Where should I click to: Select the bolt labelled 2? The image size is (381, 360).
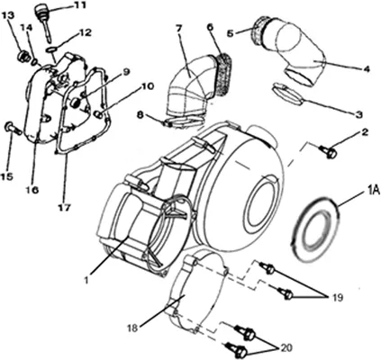tap(328, 151)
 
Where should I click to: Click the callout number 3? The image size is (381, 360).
tap(358, 114)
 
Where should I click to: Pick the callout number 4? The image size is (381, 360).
tap(367, 69)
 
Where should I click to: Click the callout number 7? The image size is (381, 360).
tap(179, 28)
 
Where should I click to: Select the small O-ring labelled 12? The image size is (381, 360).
tap(52, 49)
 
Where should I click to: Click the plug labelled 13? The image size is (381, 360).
tap(23, 56)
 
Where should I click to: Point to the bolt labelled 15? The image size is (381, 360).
tap(12, 128)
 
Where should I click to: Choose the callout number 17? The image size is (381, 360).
tap(64, 207)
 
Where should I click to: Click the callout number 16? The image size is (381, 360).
tap(33, 190)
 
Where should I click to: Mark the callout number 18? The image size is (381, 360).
tap(132, 328)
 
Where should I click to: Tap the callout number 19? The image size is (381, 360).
tap(338, 298)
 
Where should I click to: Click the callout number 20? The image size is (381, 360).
tap(287, 347)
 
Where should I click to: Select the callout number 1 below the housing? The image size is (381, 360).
tap(86, 281)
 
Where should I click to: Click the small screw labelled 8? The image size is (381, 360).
tap(168, 123)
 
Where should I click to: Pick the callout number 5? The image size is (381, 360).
tap(231, 33)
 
